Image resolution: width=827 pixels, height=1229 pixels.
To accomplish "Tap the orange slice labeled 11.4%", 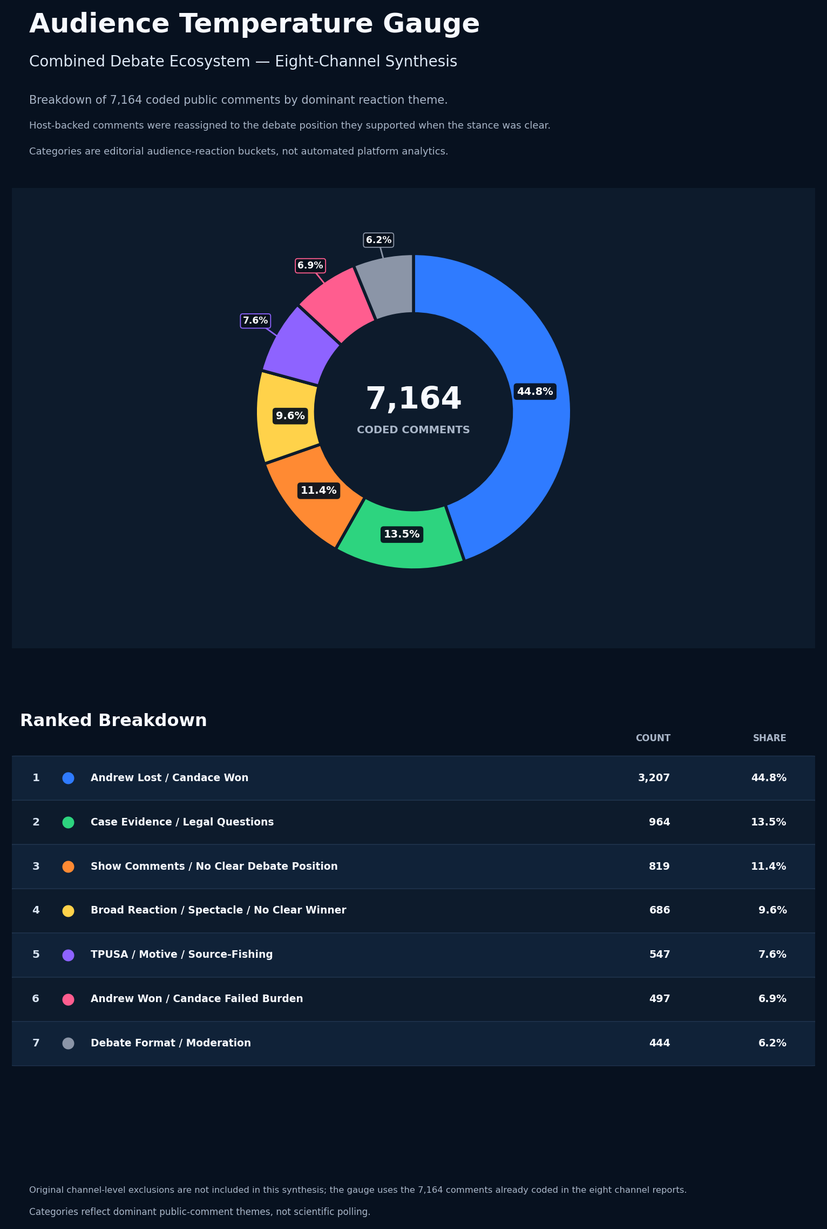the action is point(313,494).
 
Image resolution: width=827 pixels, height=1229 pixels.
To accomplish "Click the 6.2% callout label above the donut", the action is point(378,240).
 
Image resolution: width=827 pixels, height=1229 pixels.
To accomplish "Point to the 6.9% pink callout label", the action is point(310,266).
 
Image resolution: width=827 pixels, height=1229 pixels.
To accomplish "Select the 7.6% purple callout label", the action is point(255,321).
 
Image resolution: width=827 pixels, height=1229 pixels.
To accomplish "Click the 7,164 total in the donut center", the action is point(413,399).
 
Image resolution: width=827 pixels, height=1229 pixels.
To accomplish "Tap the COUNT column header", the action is point(653,738).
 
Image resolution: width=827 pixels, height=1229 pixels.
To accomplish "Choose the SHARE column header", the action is point(769,738).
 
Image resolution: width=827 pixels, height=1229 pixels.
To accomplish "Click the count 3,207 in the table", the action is point(654,778).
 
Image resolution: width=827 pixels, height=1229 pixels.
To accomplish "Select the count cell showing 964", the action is point(659,822).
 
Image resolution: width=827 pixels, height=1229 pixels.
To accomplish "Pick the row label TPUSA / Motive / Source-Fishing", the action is point(181,955).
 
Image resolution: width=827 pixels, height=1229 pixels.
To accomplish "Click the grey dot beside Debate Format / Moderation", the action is point(68,1043).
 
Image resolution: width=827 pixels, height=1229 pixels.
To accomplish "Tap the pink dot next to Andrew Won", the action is point(68,999).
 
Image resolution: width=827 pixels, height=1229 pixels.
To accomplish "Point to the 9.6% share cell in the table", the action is point(772,910).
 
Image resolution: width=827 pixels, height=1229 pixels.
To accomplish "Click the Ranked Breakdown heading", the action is point(113,721).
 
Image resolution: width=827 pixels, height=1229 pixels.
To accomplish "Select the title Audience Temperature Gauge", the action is point(254,24).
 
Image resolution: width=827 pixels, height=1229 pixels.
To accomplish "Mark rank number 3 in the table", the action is point(36,867).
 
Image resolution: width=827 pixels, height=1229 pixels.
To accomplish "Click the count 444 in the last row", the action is point(659,1043).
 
